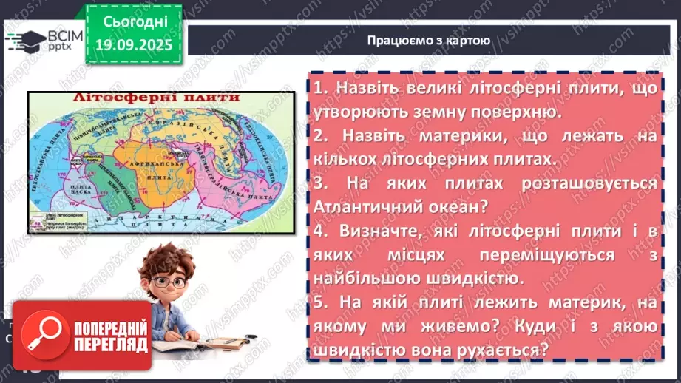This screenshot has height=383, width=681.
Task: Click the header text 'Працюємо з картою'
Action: coord(428,41)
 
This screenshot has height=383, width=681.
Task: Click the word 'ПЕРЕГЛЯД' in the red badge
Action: coord(110,345)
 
